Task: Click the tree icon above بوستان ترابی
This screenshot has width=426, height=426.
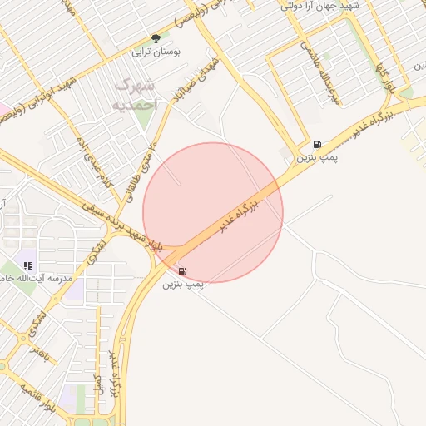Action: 156,38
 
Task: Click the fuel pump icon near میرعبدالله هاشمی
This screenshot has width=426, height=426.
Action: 318,143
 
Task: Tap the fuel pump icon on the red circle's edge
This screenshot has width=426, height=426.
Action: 182,270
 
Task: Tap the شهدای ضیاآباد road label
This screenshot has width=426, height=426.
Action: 197,81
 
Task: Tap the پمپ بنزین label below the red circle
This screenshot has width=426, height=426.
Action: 183,285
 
